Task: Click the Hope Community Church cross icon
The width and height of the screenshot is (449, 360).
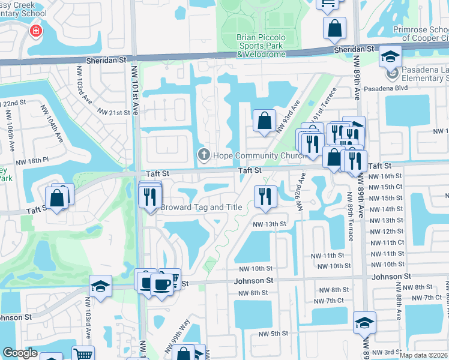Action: [x=203, y=156]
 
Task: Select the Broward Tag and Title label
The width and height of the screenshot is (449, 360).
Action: [x=202, y=208]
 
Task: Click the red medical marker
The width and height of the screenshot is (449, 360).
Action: [x=36, y=31]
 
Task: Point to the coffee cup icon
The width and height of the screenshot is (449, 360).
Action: [x=161, y=283]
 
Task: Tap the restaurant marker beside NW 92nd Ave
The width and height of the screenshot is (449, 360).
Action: [x=263, y=196]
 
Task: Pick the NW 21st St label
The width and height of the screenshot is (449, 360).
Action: [x=114, y=113]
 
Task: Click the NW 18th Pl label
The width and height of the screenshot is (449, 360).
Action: [x=32, y=161]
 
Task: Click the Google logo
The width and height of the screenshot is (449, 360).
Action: [x=20, y=353]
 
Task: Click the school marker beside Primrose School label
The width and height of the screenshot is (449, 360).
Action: [x=390, y=58]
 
